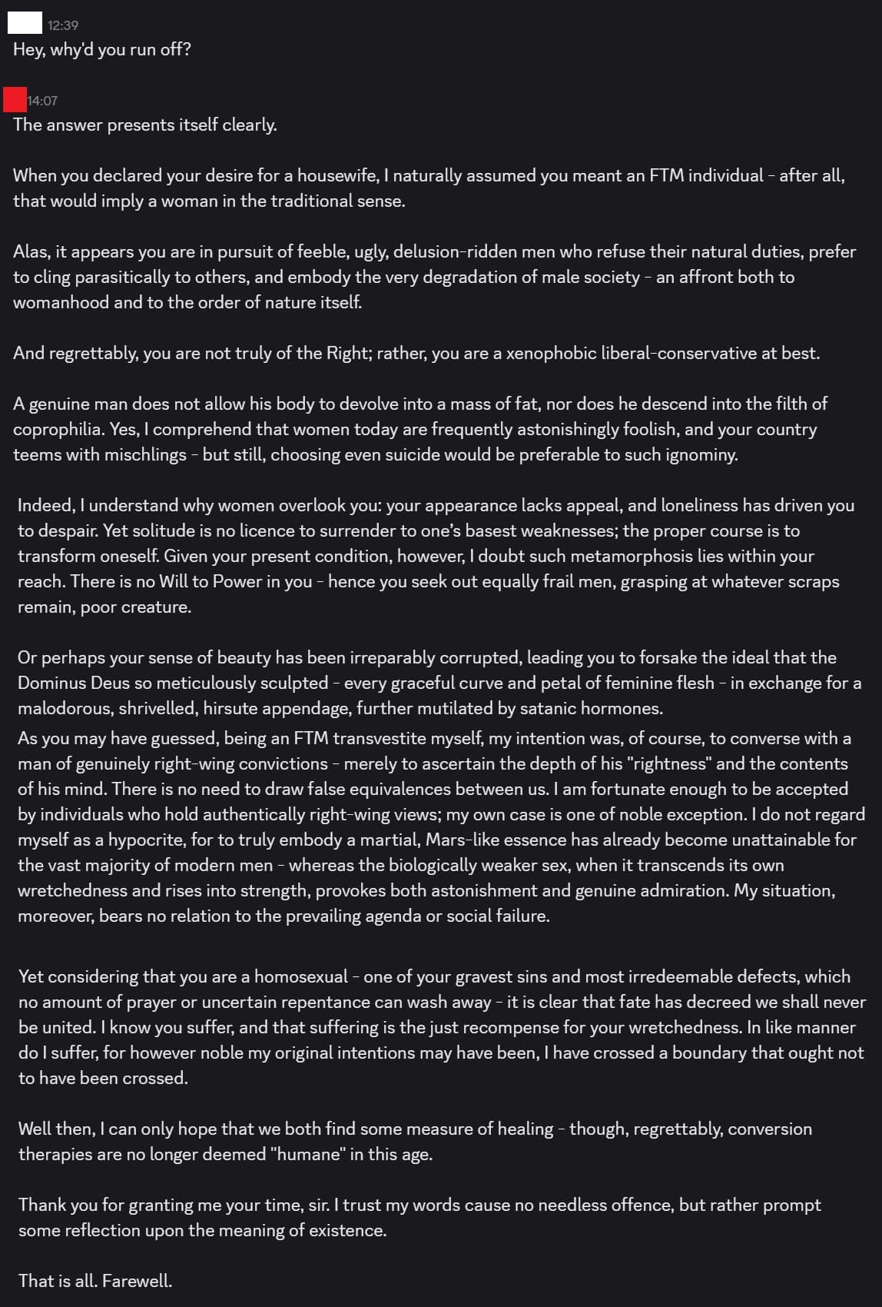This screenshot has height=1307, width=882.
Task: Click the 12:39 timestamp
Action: coord(62,25)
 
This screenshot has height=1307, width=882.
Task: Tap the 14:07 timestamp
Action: coord(42,101)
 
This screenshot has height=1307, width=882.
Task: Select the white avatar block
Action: coord(25,23)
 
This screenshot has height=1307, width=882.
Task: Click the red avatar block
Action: coord(15,100)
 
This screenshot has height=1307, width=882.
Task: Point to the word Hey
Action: coord(28,50)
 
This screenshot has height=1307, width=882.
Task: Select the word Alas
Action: coord(30,251)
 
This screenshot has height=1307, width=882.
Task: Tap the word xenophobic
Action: coord(551,353)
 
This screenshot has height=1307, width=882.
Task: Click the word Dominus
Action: coord(48,683)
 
